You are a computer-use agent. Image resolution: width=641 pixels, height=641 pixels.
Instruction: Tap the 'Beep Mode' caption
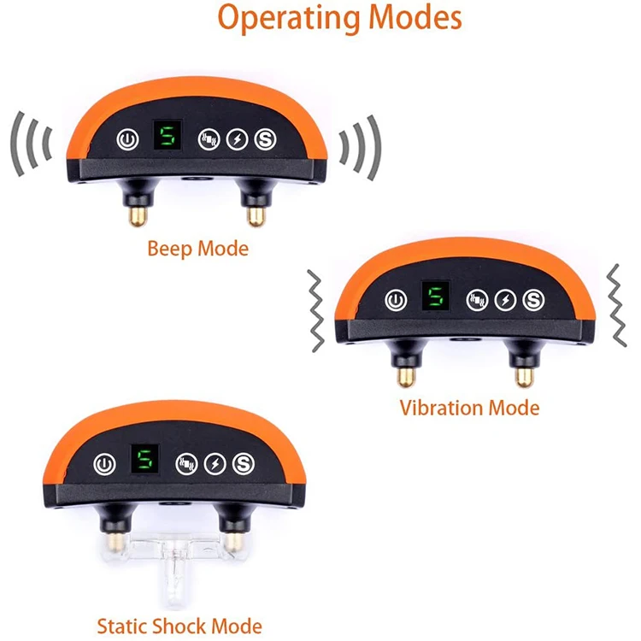[197, 249]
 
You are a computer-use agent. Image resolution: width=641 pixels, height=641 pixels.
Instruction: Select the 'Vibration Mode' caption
[469, 407]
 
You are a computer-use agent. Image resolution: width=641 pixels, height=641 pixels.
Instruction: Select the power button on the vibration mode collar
[395, 300]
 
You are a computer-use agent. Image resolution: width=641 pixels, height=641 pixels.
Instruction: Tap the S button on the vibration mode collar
[534, 300]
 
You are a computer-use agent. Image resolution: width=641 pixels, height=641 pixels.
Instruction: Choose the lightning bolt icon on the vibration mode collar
[506, 300]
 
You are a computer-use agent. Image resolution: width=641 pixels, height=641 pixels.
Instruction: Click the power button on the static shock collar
[103, 464]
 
